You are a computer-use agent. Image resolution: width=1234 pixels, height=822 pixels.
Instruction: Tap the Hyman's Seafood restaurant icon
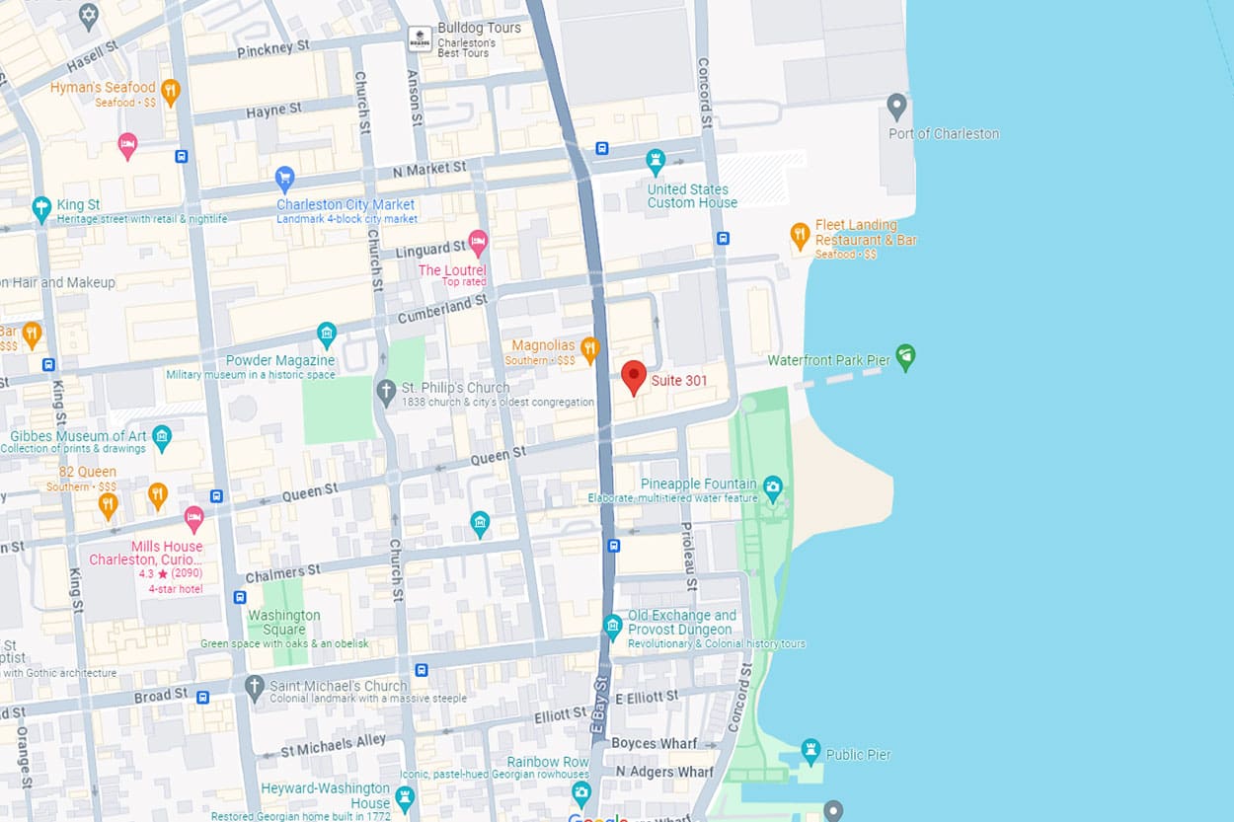click(x=170, y=92)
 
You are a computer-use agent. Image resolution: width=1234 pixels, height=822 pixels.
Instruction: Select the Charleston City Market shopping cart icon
click(x=285, y=179)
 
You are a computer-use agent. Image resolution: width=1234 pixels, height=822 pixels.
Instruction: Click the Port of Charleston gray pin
click(x=896, y=106)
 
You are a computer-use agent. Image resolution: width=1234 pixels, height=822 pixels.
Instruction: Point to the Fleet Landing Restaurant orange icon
click(x=800, y=235)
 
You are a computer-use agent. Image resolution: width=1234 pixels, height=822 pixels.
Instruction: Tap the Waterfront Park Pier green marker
click(x=905, y=356)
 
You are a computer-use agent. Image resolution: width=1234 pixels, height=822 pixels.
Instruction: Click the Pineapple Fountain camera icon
click(x=773, y=486)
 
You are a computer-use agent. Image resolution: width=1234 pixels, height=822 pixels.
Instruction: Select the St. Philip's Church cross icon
click(x=387, y=391)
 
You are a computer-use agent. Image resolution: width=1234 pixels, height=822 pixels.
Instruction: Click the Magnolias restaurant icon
click(x=589, y=347)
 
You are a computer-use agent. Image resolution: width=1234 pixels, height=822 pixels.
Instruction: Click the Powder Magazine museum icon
click(x=327, y=334)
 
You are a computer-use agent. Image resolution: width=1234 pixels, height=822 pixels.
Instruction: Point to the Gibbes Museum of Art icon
click(x=162, y=435)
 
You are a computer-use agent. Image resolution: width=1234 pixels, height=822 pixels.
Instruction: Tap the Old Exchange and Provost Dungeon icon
click(x=613, y=625)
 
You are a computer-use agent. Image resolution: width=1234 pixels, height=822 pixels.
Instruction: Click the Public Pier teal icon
click(x=810, y=750)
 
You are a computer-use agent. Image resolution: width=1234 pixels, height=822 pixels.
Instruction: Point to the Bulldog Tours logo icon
click(x=420, y=37)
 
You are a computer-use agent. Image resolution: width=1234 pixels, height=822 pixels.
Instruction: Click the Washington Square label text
click(x=283, y=623)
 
